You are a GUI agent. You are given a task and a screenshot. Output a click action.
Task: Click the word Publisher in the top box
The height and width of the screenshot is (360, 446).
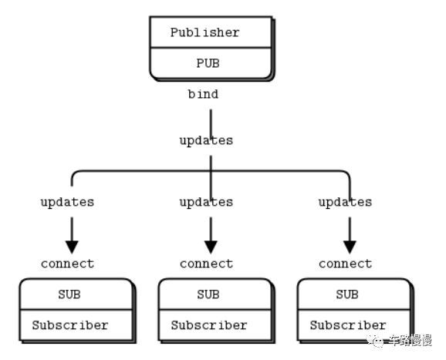point(205,32)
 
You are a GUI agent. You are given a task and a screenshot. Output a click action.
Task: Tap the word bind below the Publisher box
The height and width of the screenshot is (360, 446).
point(203,94)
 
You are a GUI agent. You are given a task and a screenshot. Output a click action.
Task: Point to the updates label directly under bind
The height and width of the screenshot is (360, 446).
point(206,140)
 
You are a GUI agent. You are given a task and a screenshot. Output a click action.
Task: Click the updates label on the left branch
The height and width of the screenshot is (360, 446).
point(67,202)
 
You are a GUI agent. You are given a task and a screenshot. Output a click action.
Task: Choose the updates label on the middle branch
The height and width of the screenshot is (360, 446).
point(206,202)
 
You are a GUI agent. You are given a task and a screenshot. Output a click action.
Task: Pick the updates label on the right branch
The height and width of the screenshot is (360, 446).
point(345,202)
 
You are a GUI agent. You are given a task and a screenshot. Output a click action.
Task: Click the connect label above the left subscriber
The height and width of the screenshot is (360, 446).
point(67,264)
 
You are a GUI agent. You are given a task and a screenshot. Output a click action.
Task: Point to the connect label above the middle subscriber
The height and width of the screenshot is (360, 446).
point(206,264)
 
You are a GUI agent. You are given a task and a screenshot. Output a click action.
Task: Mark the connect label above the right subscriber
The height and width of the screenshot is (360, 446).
point(345,264)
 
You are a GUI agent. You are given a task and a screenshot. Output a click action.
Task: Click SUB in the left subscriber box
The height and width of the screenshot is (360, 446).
point(69,294)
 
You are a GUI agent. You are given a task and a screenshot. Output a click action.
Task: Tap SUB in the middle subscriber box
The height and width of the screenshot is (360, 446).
point(208,294)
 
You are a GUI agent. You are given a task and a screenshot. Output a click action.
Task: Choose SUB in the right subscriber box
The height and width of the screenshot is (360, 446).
point(347,294)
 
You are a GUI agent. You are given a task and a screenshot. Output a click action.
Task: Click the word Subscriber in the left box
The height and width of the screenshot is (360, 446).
point(70,325)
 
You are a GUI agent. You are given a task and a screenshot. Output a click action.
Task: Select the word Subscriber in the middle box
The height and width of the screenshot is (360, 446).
point(209,325)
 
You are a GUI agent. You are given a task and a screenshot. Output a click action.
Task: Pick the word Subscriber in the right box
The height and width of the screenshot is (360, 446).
point(348,325)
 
